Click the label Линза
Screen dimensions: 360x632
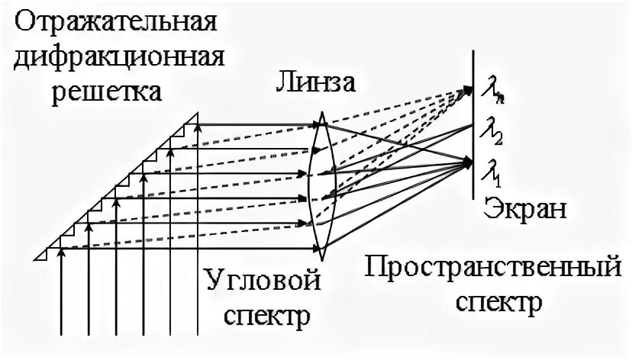coord(314,82)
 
